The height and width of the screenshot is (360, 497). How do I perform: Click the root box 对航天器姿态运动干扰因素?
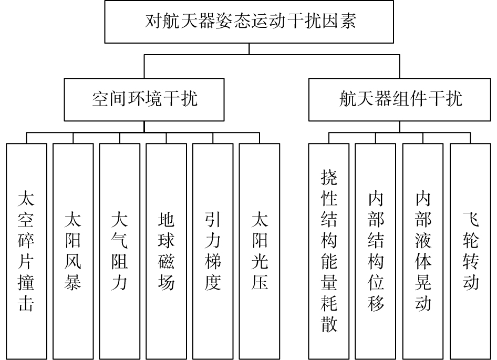click(x=249, y=22)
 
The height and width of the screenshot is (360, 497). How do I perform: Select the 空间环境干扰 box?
click(x=144, y=100)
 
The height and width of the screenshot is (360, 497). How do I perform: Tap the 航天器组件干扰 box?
click(x=400, y=100)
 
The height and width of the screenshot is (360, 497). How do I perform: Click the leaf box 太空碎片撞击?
click(x=27, y=251)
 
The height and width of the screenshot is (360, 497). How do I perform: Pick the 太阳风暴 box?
click(x=73, y=251)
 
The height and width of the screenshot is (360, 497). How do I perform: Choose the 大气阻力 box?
click(x=120, y=251)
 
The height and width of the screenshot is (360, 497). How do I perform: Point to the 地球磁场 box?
click(x=167, y=251)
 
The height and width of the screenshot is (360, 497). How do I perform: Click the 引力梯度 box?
click(x=213, y=251)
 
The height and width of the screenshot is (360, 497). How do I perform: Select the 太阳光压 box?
click(x=260, y=251)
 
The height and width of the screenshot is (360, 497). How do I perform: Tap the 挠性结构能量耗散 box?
click(x=329, y=251)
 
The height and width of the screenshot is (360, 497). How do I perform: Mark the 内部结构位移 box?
click(x=376, y=251)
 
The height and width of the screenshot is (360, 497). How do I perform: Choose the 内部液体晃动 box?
click(x=423, y=251)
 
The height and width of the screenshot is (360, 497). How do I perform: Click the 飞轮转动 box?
click(x=470, y=251)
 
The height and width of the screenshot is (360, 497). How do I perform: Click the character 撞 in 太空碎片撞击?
click(x=26, y=282)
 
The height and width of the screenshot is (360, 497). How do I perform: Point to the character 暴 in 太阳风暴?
click(x=73, y=282)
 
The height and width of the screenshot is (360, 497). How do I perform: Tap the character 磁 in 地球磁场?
click(x=167, y=261)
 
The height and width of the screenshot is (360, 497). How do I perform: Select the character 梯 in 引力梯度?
click(x=213, y=261)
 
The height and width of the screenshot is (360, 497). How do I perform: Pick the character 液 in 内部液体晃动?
click(x=423, y=240)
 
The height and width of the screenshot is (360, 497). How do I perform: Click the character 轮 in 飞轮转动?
click(x=470, y=240)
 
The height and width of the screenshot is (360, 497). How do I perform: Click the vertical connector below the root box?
click(x=249, y=49)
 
